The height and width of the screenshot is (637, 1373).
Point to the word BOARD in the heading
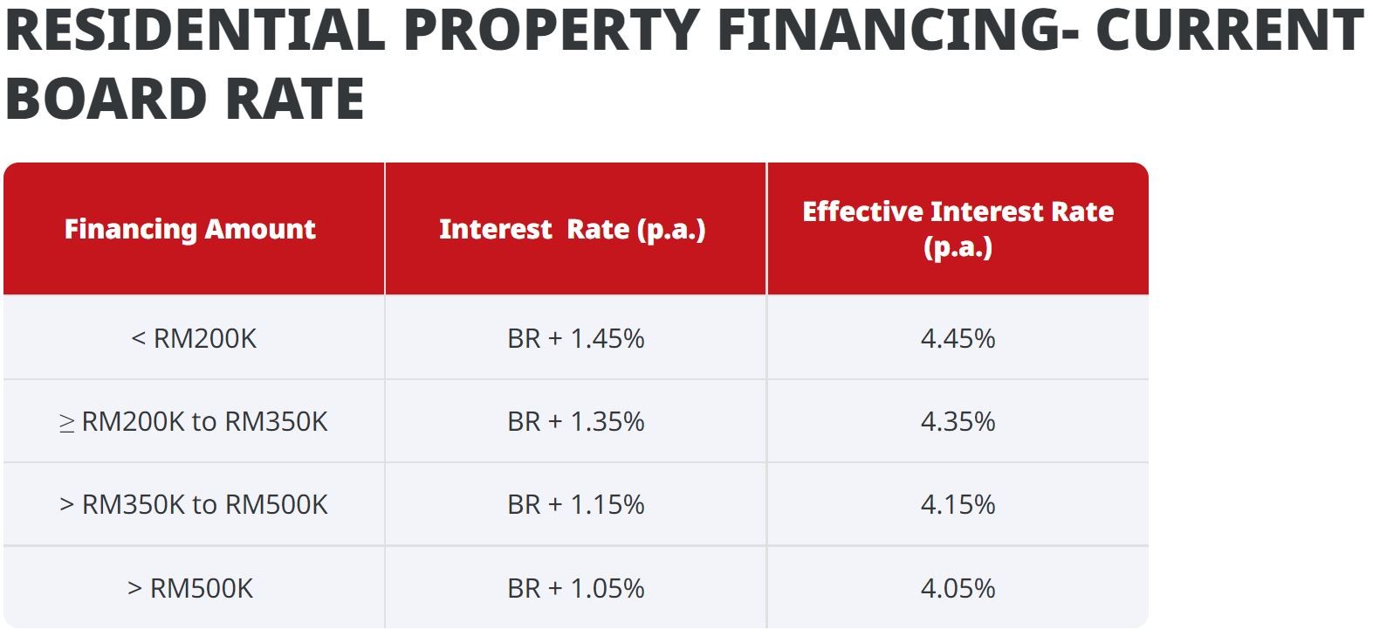104,98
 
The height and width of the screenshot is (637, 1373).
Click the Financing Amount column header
190,229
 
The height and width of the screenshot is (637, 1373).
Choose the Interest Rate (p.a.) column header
573,229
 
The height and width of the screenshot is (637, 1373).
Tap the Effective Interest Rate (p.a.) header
958,229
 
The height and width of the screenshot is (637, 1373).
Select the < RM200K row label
194,338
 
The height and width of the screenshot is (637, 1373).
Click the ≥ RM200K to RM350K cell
194,421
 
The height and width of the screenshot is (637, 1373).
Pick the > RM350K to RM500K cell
194,504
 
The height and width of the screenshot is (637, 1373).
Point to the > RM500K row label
190,588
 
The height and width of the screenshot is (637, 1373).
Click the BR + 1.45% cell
576,338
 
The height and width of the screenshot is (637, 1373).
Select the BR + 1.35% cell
576,421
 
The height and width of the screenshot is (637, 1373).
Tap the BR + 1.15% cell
576,504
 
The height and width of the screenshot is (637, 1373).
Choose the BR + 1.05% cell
576,588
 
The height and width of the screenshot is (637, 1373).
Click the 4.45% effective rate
958,338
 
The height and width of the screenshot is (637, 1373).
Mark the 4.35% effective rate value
958,421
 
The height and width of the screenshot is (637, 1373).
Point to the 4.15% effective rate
958,504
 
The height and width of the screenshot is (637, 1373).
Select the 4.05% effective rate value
958,588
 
